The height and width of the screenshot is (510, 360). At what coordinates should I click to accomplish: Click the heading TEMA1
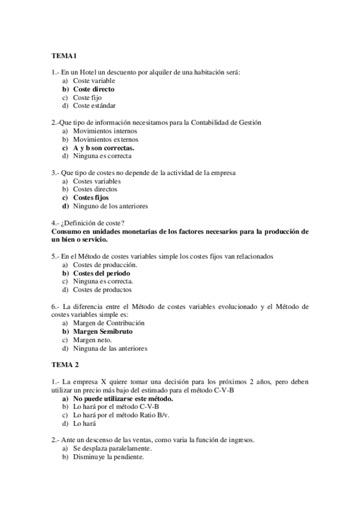point(62,57)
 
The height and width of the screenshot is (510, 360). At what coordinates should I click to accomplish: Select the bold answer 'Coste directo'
point(93,89)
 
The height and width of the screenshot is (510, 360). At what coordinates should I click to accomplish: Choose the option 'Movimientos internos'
point(105,131)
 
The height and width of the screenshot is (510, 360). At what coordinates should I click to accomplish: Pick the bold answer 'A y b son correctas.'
point(103,147)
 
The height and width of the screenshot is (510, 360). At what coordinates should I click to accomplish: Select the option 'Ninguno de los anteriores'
point(110,206)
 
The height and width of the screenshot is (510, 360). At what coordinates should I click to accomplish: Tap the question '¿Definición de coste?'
point(93,223)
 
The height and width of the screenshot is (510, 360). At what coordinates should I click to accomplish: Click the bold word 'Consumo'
point(68,231)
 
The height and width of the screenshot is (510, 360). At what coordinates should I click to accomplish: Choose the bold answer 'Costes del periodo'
point(102,272)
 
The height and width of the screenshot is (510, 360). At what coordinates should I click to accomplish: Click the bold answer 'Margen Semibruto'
point(103,331)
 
